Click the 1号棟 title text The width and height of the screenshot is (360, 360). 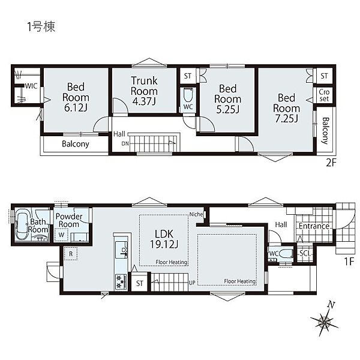point(41,26)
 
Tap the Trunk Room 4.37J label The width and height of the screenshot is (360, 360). point(144,91)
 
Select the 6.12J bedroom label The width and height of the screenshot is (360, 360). point(76,97)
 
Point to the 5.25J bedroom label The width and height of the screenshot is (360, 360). point(227,99)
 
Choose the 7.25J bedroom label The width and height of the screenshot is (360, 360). point(287,108)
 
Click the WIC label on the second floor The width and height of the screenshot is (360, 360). point(31,86)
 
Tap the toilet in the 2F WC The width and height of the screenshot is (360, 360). point(188,95)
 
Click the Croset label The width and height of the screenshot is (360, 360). point(324,95)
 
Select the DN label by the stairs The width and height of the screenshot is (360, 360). point(125,144)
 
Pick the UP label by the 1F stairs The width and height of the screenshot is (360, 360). point(192,283)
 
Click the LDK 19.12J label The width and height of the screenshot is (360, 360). point(164,239)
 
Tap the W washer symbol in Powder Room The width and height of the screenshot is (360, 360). point(61,235)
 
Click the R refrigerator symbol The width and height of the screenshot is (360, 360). point(71,254)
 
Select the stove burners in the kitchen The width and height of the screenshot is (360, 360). point(121,281)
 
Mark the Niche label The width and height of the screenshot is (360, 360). point(196,214)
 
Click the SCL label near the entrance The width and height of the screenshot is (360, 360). point(305,253)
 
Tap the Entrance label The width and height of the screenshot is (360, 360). point(314,226)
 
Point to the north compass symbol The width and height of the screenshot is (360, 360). point(324,320)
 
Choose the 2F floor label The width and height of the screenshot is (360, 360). point(331,163)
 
